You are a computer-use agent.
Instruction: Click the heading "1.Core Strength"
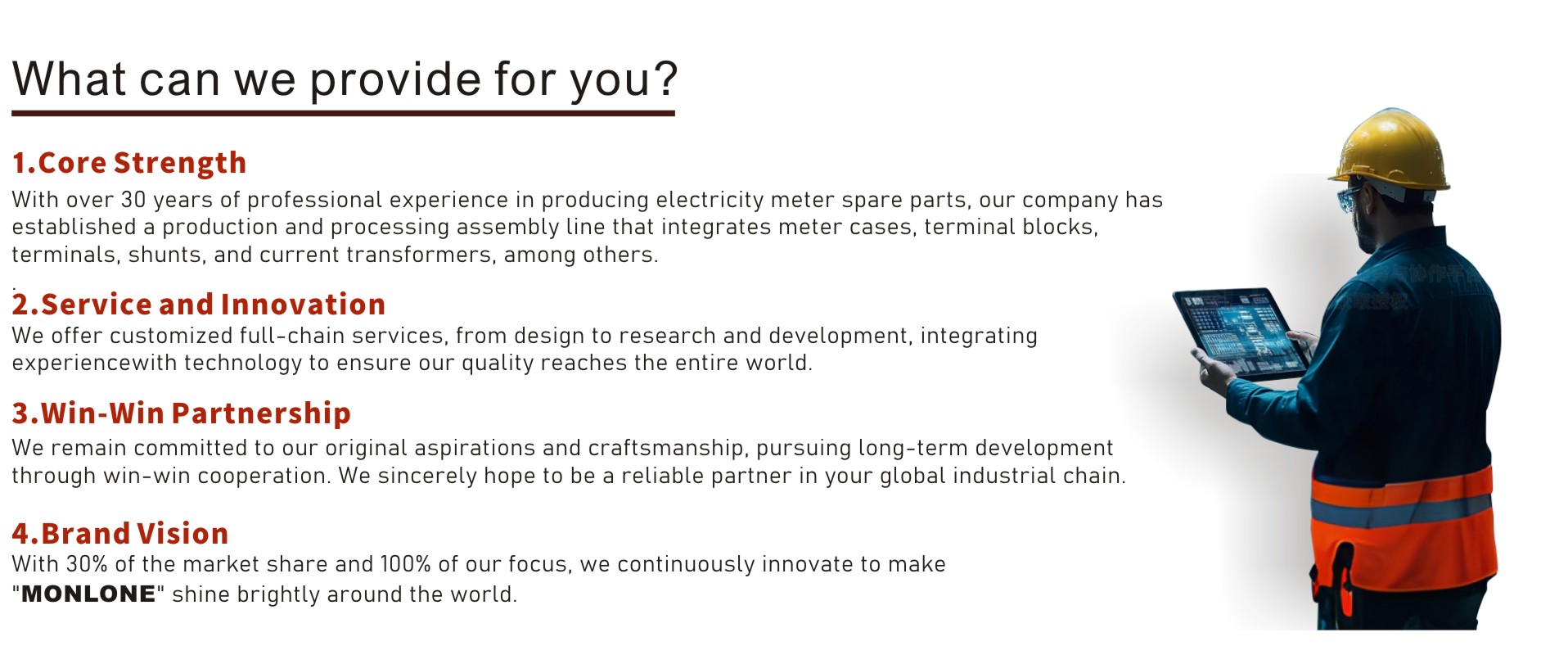[x=129, y=163]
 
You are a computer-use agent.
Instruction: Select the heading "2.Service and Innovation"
[x=199, y=305]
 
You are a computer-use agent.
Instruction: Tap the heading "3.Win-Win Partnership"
[x=182, y=413]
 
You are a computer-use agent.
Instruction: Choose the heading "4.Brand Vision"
[x=120, y=534]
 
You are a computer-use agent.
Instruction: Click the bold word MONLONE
[x=88, y=594]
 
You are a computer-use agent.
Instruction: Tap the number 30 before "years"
[x=133, y=200]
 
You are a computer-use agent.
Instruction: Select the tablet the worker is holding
[x=1241, y=333]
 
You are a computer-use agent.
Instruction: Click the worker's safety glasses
[x=1349, y=198]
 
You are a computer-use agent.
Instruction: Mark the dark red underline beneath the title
[x=343, y=113]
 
